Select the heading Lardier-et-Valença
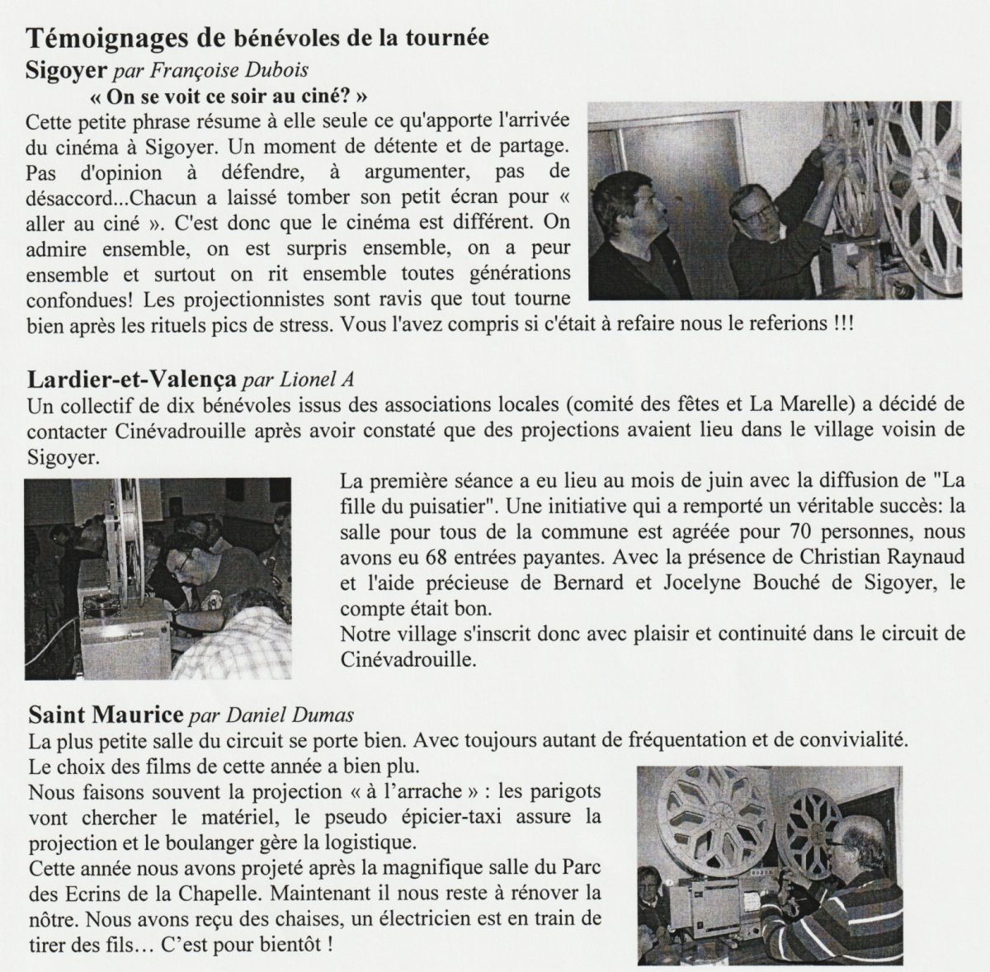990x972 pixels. (x=131, y=380)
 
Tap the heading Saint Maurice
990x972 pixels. (x=106, y=715)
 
